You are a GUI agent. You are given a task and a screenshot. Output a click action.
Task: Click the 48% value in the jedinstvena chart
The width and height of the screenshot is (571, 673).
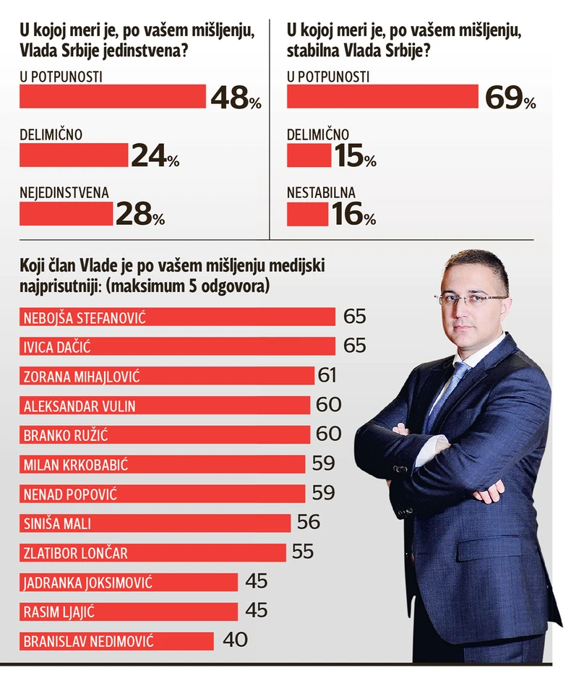click(x=235, y=97)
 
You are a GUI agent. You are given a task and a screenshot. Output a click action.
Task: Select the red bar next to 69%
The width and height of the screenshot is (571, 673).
click(x=382, y=96)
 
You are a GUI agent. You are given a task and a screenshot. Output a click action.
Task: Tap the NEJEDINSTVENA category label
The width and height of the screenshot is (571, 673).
click(x=64, y=192)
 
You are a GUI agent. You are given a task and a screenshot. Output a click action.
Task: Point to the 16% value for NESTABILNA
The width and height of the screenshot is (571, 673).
click(x=353, y=215)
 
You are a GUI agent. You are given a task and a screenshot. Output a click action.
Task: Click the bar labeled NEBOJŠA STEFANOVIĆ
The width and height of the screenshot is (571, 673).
click(x=177, y=317)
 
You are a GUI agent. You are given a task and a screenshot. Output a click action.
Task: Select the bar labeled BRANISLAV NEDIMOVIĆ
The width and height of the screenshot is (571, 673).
click(x=116, y=640)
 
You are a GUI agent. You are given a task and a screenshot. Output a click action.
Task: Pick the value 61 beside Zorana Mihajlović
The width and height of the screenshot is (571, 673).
click(x=327, y=375)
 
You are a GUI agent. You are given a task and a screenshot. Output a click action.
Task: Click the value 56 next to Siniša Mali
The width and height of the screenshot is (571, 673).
click(x=307, y=522)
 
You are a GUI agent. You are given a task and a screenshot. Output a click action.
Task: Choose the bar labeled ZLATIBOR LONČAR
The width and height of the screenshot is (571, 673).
click(x=153, y=552)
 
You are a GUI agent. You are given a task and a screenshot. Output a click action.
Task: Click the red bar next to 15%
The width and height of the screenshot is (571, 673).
click(x=309, y=155)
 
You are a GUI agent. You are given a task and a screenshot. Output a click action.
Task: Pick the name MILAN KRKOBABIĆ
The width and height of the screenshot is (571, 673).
click(x=76, y=464)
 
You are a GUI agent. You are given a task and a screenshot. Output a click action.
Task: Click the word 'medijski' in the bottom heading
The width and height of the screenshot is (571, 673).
click(x=301, y=267)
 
